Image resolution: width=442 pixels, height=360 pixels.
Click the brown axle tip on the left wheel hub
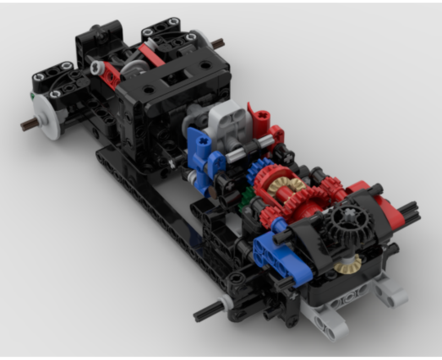(28, 125)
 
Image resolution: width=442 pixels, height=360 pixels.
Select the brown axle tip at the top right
(219, 43)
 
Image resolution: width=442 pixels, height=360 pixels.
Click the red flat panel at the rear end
(380, 202)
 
